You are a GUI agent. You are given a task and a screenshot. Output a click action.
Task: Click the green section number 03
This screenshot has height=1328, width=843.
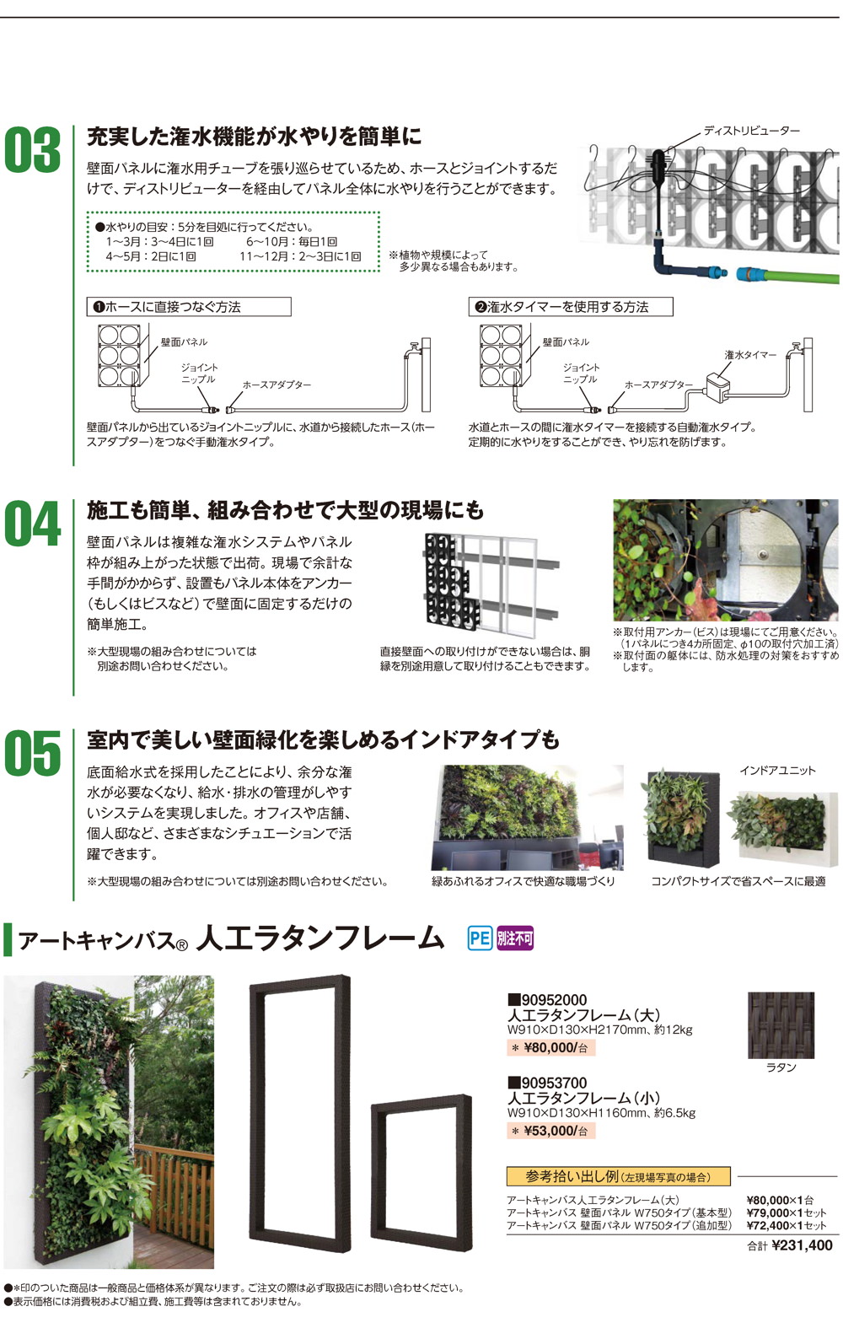[x=33, y=151]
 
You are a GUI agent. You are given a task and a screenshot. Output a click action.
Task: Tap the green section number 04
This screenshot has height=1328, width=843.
[x=33, y=524]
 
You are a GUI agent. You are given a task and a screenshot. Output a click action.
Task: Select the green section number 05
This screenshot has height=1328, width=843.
[x=33, y=753]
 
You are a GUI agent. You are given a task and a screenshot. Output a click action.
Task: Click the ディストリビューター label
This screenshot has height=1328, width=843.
[x=751, y=131]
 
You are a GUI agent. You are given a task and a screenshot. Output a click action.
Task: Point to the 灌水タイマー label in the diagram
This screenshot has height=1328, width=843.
[x=750, y=355]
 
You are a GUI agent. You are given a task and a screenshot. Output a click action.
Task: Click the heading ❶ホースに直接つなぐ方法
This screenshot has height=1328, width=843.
[x=189, y=307]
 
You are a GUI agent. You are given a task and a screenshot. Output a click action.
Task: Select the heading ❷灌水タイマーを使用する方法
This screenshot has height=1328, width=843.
[x=570, y=307]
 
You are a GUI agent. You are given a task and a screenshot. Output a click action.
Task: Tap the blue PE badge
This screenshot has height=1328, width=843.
[x=480, y=938]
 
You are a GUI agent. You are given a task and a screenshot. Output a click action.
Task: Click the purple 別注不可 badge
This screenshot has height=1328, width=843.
[x=515, y=938]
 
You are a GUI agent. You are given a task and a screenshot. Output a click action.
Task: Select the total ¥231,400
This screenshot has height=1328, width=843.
[x=801, y=1246]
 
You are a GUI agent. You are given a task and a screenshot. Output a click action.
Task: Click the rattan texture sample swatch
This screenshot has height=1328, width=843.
[x=781, y=1025]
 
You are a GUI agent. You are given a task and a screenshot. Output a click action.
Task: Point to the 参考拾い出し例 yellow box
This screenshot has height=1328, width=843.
[x=618, y=1176]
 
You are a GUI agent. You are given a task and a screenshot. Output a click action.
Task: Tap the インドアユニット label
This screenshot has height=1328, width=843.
[x=777, y=771]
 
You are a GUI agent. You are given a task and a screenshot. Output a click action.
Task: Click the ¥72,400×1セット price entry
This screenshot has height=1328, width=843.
[x=786, y=1225]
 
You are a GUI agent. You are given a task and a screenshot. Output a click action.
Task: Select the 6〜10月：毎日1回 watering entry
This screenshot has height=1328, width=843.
[x=292, y=242]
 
